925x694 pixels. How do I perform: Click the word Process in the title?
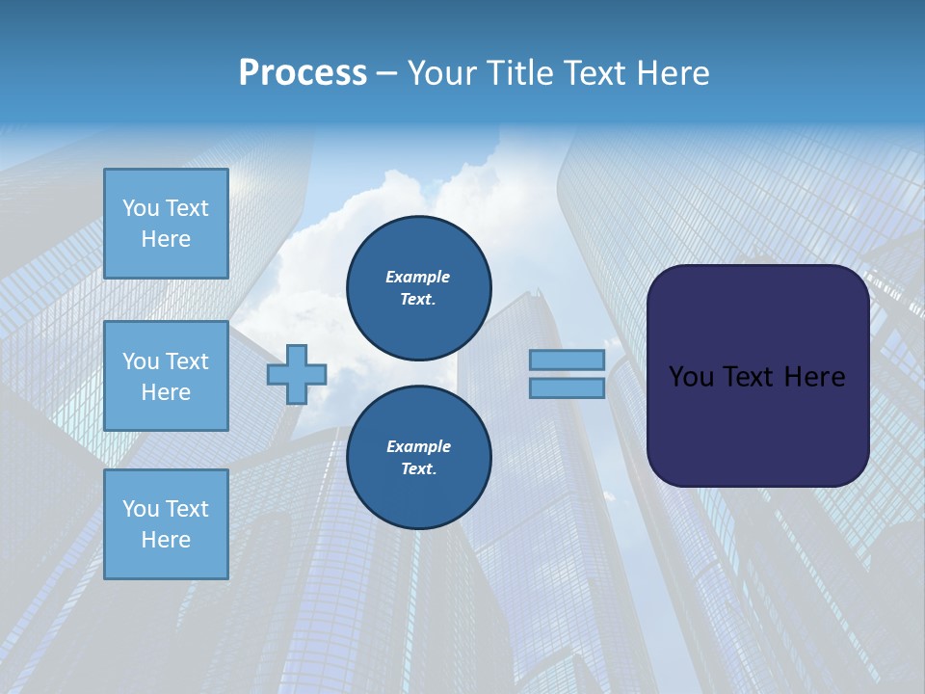303,72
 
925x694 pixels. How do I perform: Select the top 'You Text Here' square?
166,224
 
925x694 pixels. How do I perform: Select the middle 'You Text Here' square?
166,376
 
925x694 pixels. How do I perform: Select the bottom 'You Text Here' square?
166,523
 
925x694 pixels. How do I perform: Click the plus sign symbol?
297,375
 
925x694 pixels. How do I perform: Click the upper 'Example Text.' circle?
418,287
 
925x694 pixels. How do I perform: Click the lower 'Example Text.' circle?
418,457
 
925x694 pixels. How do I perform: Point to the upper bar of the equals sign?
567,360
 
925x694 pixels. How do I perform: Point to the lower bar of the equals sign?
567,387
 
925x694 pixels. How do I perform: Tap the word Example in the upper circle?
418,277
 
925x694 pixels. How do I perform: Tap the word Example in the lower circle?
418,446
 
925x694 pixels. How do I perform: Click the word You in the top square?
141,208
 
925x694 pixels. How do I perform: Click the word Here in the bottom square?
166,540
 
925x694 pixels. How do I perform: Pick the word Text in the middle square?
187,361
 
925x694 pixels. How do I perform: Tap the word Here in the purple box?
815,376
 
